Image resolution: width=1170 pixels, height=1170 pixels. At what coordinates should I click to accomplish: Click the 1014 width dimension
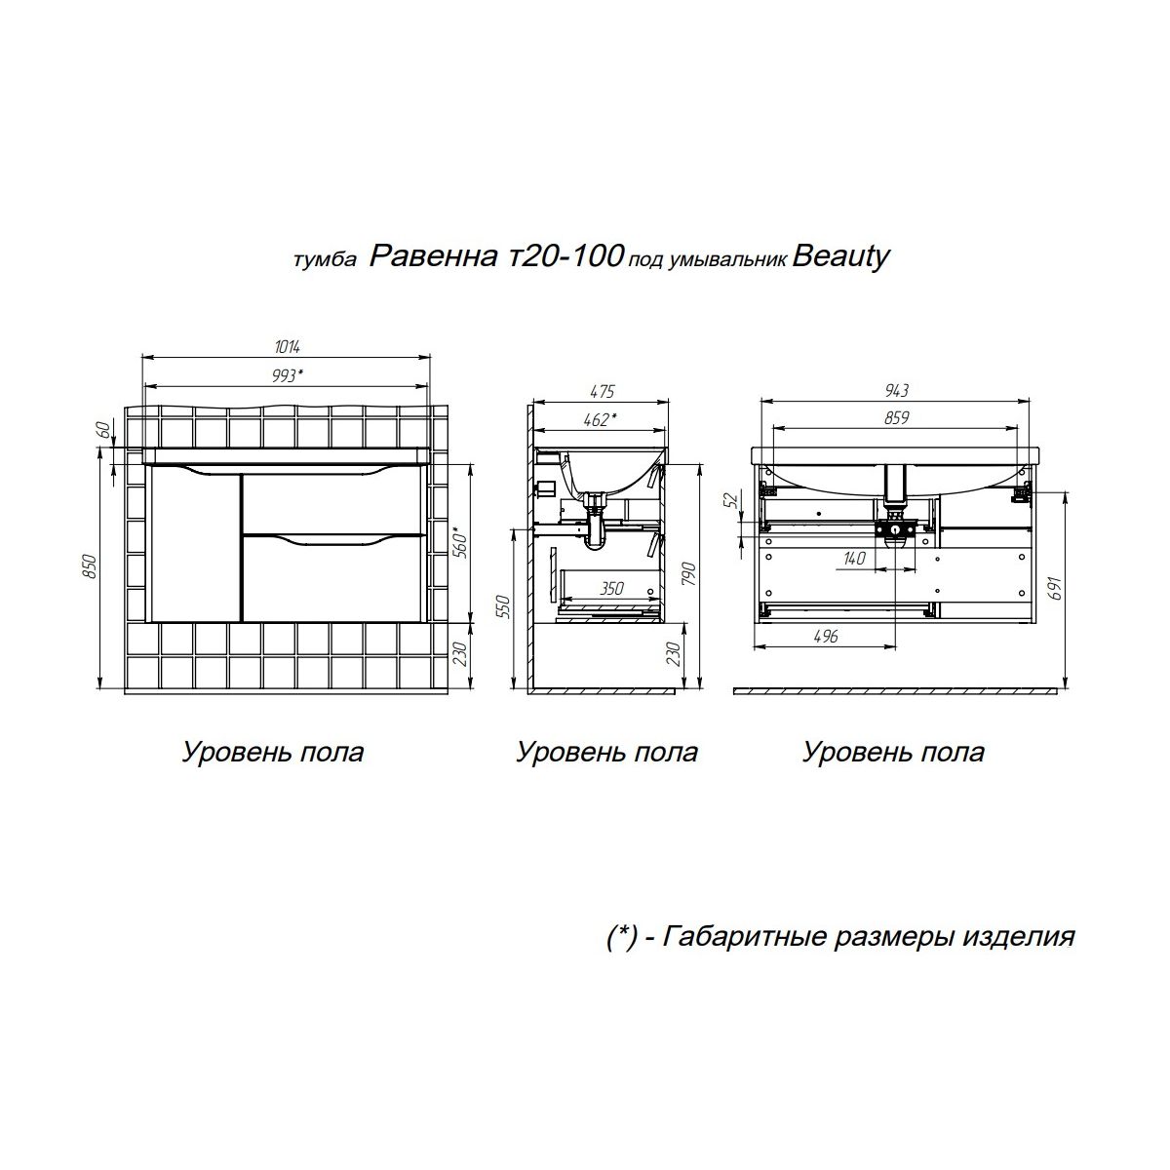pyautogui.click(x=288, y=347)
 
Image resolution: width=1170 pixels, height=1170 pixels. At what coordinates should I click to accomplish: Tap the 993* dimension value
pyautogui.click(x=288, y=375)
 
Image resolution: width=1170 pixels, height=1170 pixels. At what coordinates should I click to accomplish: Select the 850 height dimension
pyautogui.click(x=90, y=565)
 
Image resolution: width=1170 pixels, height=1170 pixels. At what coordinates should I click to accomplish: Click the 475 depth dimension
pyautogui.click(x=603, y=392)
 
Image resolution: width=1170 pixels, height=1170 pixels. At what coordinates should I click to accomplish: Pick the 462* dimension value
pyautogui.click(x=601, y=419)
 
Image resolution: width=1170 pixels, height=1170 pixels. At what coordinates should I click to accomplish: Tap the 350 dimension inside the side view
pyautogui.click(x=611, y=588)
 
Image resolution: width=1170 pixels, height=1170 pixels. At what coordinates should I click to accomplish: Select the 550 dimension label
pyautogui.click(x=504, y=608)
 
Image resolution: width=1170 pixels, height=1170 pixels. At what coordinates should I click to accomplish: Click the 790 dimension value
pyautogui.click(x=688, y=574)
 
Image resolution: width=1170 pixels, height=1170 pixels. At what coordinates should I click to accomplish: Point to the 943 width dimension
pyautogui.click(x=896, y=390)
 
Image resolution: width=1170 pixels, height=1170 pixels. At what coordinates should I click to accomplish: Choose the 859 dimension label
pyautogui.click(x=896, y=418)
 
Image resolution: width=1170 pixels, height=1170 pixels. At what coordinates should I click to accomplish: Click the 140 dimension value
pyautogui.click(x=854, y=558)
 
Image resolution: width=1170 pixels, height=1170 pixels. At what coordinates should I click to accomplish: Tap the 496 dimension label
pyautogui.click(x=826, y=636)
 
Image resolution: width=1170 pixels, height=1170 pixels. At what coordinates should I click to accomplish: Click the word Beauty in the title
pyautogui.click(x=840, y=257)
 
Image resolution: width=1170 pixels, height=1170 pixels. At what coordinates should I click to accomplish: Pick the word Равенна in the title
pyautogui.click(x=433, y=256)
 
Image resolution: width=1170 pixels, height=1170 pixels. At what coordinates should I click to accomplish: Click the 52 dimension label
pyautogui.click(x=733, y=499)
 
